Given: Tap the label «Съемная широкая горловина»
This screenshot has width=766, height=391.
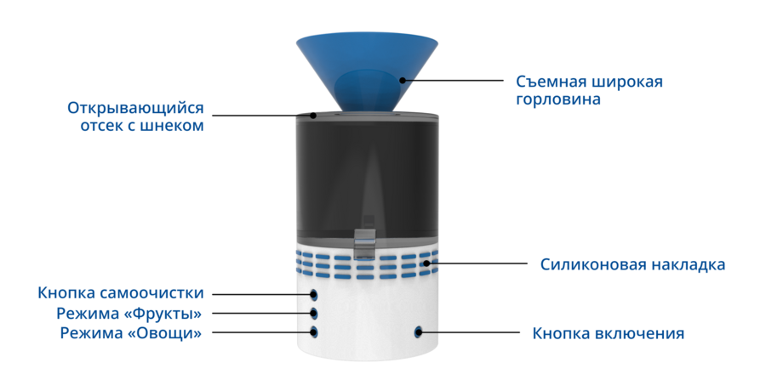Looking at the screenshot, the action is tap(589, 90).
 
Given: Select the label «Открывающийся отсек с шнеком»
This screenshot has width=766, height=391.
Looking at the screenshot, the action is tap(135, 116).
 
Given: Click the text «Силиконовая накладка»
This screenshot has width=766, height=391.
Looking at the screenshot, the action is tap(632, 264).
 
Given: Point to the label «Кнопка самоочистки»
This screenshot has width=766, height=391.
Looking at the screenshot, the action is tap(121, 293).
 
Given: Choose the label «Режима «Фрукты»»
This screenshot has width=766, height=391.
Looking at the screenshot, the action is tap(129, 314).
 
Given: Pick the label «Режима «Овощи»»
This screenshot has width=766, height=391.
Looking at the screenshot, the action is tap(131, 333).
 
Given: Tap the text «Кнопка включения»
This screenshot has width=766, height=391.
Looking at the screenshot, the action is tap(609, 333).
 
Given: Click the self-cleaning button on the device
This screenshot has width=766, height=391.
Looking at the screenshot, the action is tap(313, 294).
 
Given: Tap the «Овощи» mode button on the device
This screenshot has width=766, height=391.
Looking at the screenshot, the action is tap(313, 332).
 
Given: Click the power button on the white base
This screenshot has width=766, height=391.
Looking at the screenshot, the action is tap(418, 332).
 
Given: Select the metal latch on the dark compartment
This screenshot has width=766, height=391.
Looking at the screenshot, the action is tap(364, 242).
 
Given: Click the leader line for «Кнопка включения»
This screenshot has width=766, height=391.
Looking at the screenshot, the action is tap(469, 333).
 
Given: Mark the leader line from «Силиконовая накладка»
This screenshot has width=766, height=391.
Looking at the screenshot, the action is tap(477, 263).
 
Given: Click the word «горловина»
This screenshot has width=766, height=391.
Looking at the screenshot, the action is tap(558, 99).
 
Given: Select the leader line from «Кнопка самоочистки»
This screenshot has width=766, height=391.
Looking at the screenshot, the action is tap(263, 294).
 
